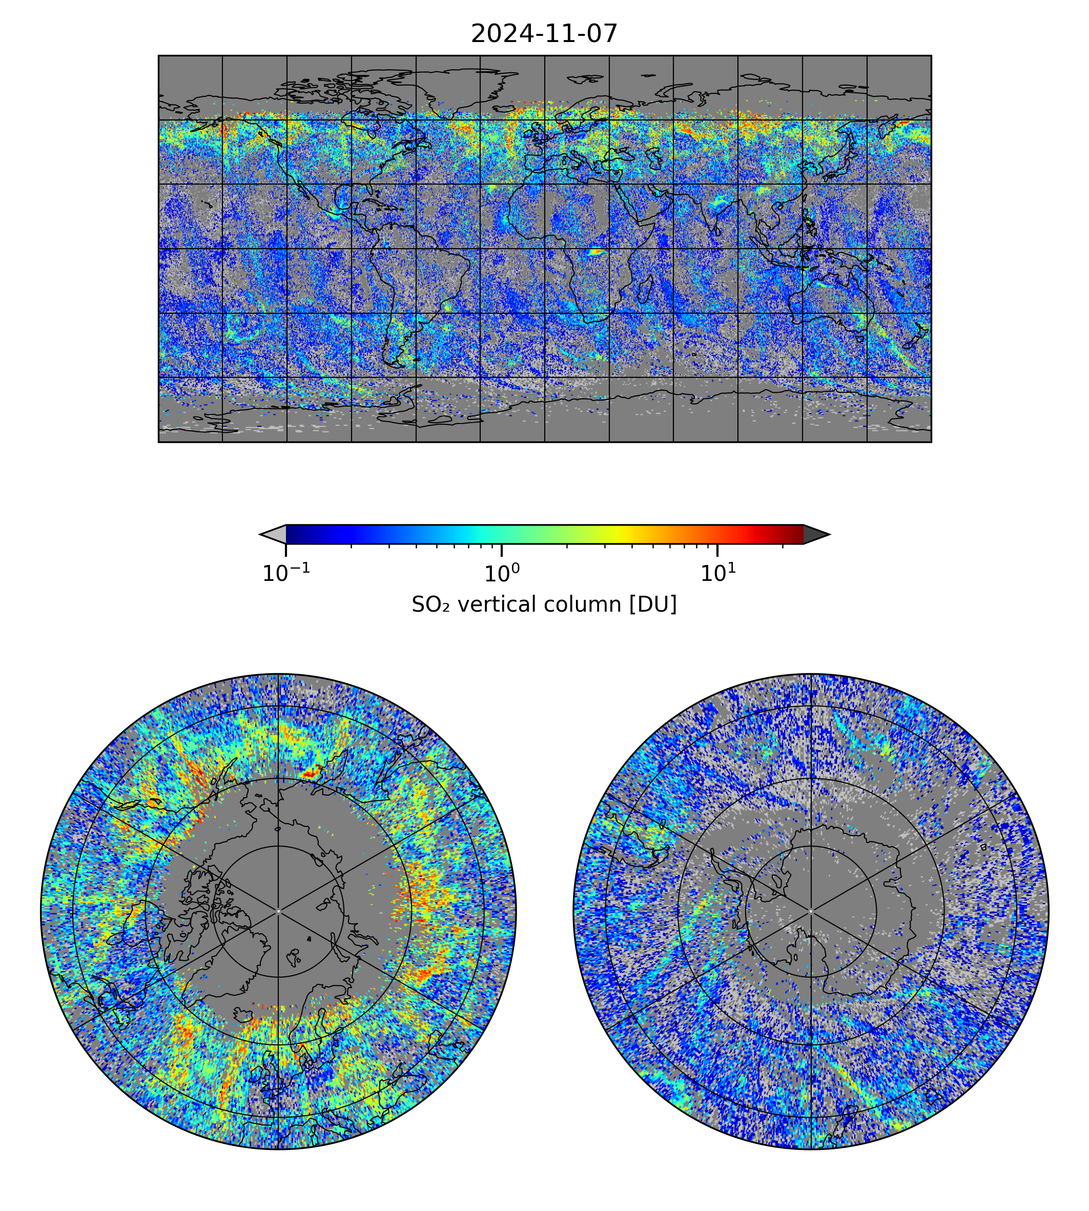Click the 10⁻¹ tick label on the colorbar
(x=286, y=574)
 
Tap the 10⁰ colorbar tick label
(x=501, y=574)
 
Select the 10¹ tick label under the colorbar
(x=717, y=574)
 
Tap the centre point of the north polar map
(x=278, y=911)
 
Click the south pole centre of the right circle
(x=811, y=911)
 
